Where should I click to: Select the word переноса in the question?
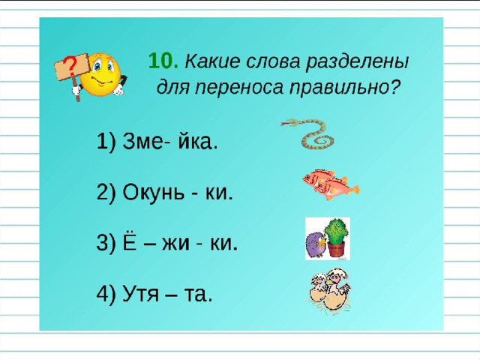pos(239,88)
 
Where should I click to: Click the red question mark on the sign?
pos(71,66)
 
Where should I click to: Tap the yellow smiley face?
pos(101,74)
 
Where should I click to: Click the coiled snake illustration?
pos(310,133)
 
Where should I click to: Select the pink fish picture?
pos(331,184)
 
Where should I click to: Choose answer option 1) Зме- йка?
pos(157,142)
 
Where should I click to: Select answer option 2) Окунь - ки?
pos(165,192)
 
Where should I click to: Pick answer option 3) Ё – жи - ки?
pos(167,243)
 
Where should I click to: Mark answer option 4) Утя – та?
pos(154,294)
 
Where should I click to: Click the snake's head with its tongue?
pos(289,123)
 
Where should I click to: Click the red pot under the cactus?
pos(336,248)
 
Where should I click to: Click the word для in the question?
pos(173,88)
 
